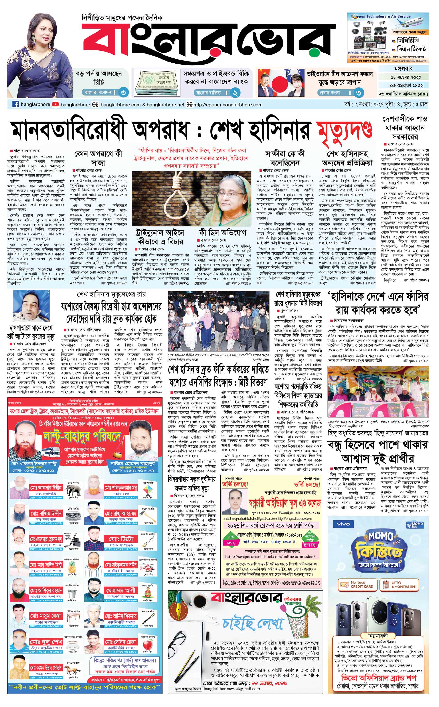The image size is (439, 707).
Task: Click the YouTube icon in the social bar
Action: point(56,105)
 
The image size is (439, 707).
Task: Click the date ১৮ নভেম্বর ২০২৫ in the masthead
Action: point(403,77)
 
